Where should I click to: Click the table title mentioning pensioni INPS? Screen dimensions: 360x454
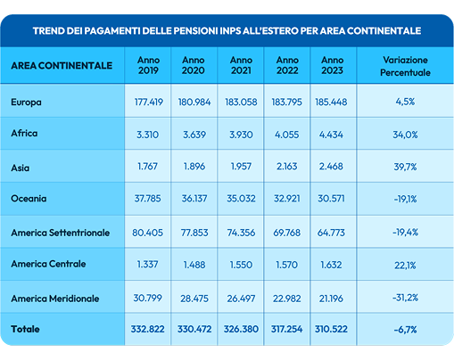[227, 30]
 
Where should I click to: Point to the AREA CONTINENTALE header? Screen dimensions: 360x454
[62, 65]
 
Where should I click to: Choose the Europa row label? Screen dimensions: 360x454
[27, 102]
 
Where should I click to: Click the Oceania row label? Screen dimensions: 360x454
[30, 198]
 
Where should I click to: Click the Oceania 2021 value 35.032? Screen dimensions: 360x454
[240, 198]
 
